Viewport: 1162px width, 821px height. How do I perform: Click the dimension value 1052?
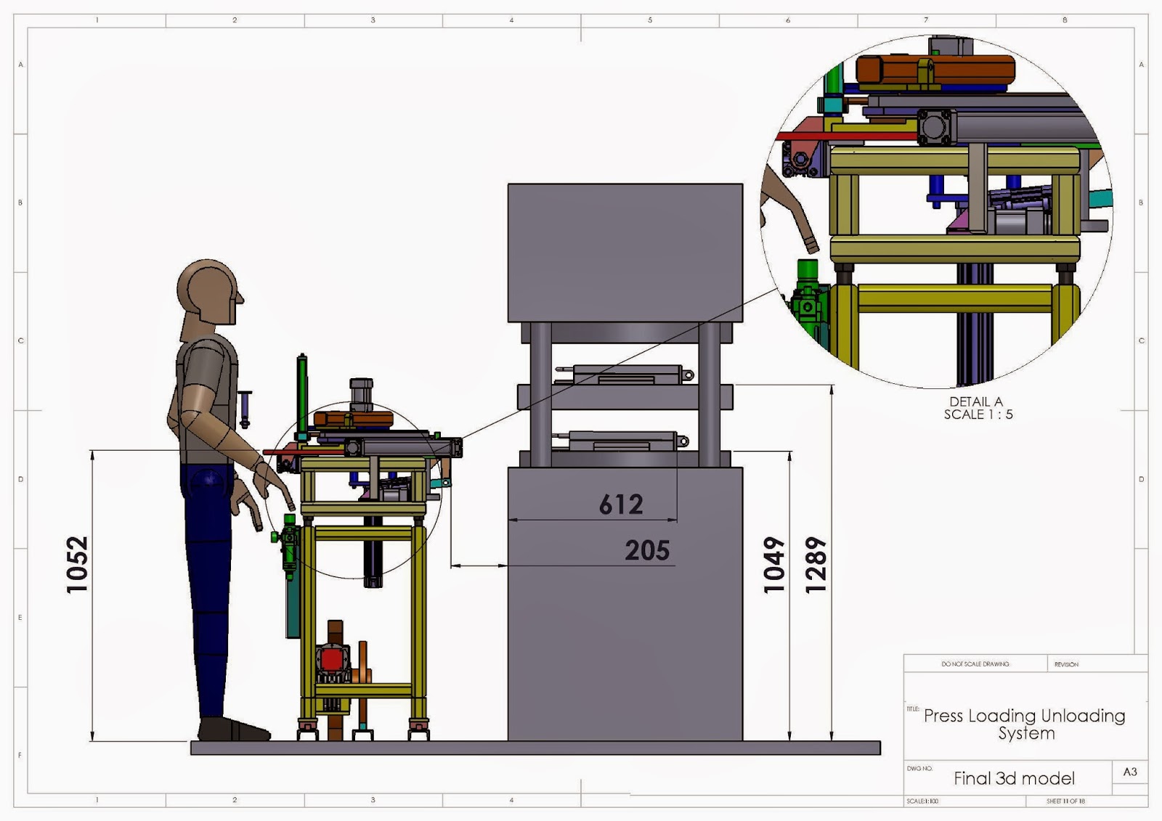77,564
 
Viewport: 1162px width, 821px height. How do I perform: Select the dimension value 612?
621,505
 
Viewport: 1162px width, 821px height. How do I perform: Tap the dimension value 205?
647,550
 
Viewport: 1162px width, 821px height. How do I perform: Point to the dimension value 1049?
774,565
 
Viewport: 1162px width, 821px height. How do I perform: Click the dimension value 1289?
816,565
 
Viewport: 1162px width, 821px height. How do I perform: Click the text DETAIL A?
976,401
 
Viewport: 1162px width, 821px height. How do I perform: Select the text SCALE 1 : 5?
978,414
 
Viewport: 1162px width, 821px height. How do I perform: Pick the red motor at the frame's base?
333,661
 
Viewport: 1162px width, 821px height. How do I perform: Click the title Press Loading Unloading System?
1025,724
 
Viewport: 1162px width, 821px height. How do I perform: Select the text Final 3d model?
1014,779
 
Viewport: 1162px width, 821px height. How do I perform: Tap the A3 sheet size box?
1130,772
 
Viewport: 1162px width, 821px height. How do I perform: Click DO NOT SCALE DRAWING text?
975,664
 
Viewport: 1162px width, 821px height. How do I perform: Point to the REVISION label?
1066,664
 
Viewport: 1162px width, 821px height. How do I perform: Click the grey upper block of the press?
625,252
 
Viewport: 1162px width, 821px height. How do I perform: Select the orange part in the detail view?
935,70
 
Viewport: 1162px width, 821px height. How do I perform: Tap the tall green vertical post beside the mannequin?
302,396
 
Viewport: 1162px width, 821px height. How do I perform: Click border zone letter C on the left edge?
20,340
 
